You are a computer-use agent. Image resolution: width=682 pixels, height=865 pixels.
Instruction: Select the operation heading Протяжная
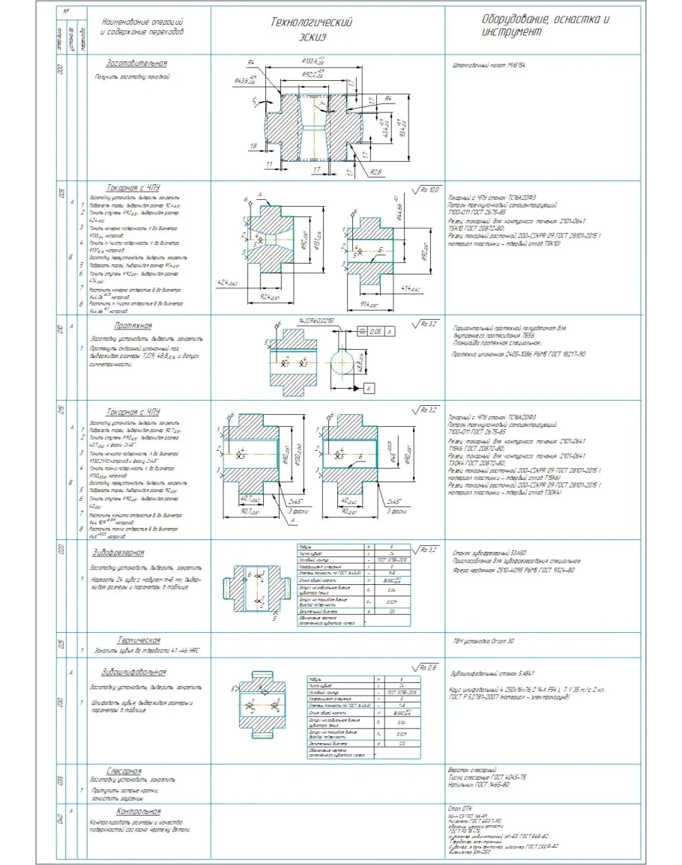133,326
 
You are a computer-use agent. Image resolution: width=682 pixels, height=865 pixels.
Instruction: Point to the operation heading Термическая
139,640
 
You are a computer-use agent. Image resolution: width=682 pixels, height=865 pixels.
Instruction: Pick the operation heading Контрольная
139,811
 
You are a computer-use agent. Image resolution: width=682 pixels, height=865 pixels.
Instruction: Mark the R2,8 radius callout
375,171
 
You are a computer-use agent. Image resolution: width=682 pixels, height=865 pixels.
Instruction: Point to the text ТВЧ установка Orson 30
480,641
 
